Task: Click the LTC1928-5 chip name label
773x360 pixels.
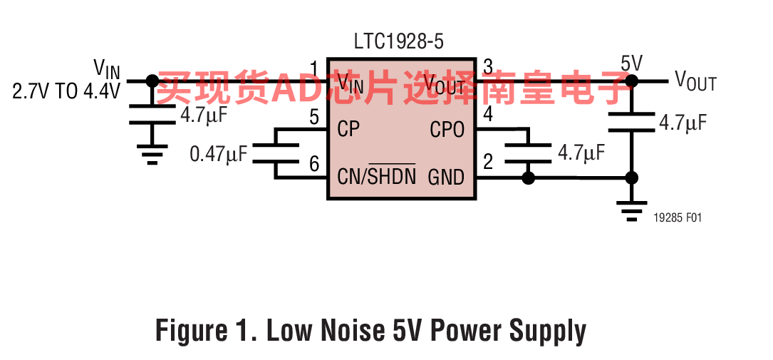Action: click(399, 42)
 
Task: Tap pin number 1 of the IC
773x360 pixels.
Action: click(314, 68)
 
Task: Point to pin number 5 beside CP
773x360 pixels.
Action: click(314, 118)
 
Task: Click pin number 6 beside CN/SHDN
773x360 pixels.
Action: click(314, 164)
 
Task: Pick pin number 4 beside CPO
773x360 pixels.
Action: click(487, 115)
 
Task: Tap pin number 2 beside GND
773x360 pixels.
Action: click(487, 162)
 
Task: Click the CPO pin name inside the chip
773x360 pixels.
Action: click(447, 130)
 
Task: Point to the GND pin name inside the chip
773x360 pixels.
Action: click(446, 177)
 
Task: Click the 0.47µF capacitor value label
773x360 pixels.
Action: click(219, 155)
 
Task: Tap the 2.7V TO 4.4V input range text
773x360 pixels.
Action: click(66, 92)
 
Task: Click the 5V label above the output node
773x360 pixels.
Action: click(631, 63)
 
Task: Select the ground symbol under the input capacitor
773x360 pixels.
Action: click(152, 153)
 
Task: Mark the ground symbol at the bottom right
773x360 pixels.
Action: click(631, 210)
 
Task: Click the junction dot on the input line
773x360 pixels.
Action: click(152, 81)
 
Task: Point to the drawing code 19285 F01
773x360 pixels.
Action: click(677, 217)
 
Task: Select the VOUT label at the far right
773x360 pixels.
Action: click(695, 81)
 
